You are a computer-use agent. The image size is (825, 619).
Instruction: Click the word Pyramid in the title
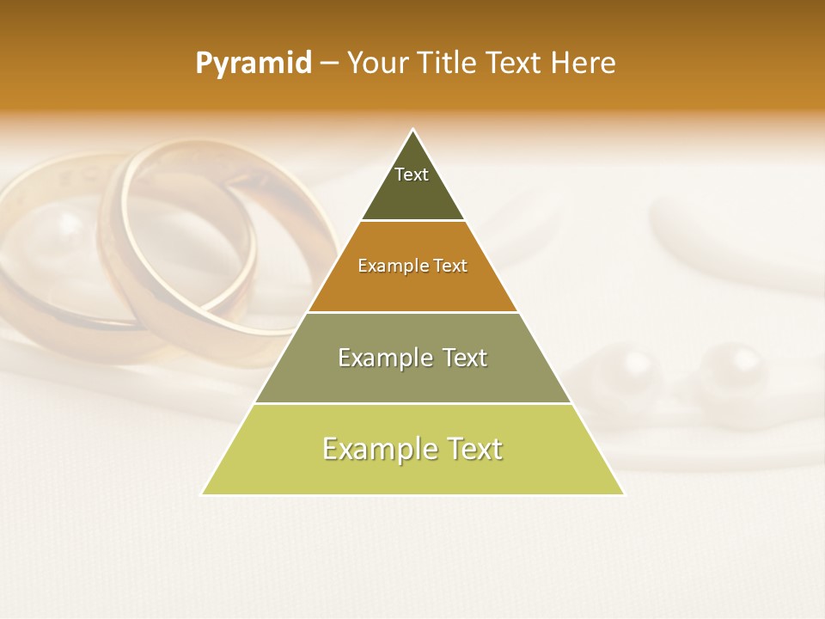(x=253, y=64)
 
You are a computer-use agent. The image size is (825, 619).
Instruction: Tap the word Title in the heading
(x=446, y=64)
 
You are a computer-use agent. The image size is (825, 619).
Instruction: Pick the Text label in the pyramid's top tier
(x=412, y=175)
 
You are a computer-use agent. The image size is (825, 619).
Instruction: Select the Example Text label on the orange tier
(x=412, y=267)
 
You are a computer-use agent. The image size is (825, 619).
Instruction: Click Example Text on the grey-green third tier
(x=412, y=358)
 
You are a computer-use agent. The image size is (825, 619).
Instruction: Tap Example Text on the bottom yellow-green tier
(x=412, y=449)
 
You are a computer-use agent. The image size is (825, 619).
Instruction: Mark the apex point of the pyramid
(x=413, y=130)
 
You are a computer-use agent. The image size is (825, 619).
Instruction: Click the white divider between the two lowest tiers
(x=412, y=403)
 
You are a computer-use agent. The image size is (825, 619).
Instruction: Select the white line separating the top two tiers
(x=412, y=220)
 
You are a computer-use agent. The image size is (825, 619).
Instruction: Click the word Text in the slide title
(x=516, y=64)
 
